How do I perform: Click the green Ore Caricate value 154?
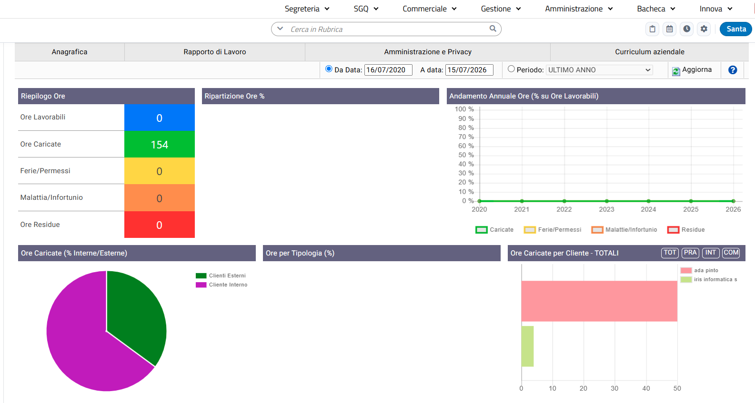tap(160, 145)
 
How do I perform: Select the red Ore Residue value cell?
tap(160, 225)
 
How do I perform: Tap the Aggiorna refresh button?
tap(692, 70)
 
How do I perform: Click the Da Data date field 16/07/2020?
tap(388, 70)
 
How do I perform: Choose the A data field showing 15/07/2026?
tap(469, 70)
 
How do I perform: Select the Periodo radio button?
tap(511, 69)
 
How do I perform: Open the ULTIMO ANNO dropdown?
tap(599, 70)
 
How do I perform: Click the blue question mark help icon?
tap(733, 70)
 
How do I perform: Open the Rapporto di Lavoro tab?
tap(215, 52)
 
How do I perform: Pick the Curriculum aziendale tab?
tap(650, 52)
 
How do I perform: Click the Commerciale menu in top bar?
tap(429, 9)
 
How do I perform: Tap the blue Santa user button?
tap(736, 29)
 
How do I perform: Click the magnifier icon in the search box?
tap(493, 29)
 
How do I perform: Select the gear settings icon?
tap(704, 29)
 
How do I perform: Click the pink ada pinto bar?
tap(599, 301)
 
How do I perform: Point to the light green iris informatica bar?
tap(527, 346)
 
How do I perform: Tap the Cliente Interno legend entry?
tap(221, 285)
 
